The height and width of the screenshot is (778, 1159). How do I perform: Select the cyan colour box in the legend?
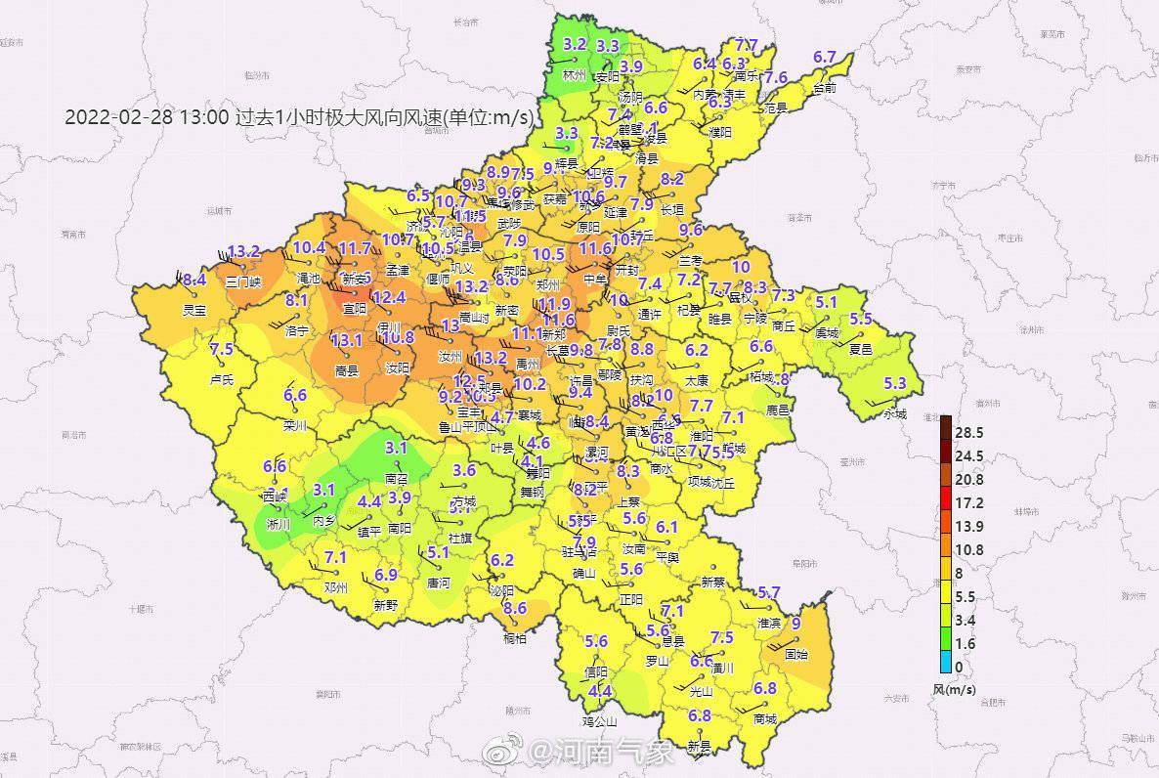click(x=944, y=667)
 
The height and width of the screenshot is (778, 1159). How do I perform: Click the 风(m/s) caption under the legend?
click(x=954, y=689)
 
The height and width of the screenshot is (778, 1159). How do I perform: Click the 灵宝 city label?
click(x=194, y=310)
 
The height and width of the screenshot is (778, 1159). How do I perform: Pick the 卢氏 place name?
click(x=222, y=379)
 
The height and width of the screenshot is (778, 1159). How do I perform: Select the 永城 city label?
click(x=894, y=412)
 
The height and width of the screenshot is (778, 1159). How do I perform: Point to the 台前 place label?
click(x=825, y=87)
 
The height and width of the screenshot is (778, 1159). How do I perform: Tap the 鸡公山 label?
click(x=600, y=722)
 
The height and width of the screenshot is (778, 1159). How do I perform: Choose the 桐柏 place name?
click(x=514, y=638)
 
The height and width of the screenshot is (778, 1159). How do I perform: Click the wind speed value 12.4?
click(x=388, y=297)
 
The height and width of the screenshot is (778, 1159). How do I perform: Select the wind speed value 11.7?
click(x=354, y=249)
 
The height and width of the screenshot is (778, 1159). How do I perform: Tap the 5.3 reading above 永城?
click(x=894, y=383)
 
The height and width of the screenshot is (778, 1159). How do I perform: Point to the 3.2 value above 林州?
click(x=575, y=44)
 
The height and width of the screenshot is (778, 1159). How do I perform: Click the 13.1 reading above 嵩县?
click(x=347, y=340)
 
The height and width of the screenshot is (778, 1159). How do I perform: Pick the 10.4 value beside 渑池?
click(x=309, y=248)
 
